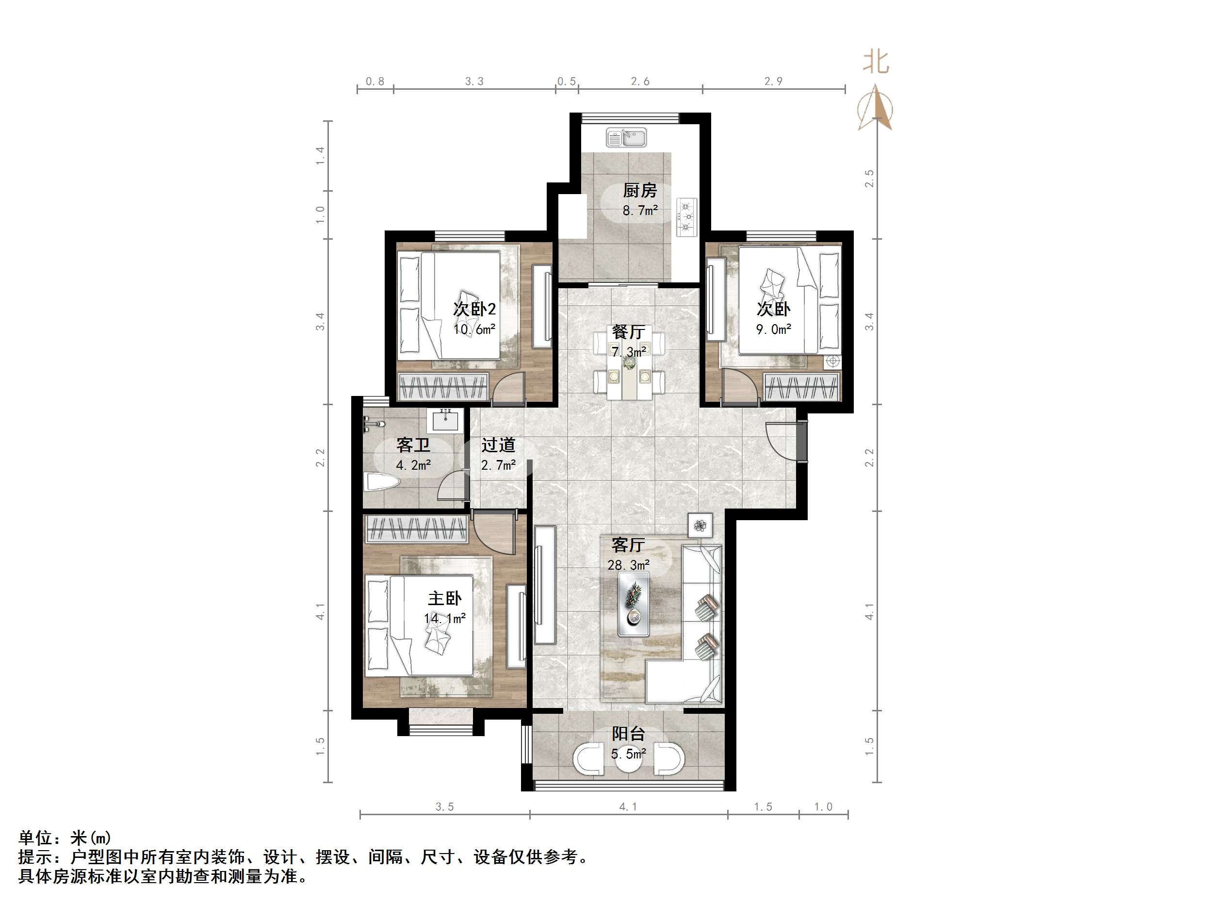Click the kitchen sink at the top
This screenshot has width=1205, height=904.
tap(626, 138)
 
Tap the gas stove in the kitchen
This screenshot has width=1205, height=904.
tap(687, 217)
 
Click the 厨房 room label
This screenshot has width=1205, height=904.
tap(639, 191)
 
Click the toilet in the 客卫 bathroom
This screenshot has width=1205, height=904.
tap(381, 482)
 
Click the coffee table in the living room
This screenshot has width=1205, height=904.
tap(634, 603)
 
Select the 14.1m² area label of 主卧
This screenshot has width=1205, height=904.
tap(444, 619)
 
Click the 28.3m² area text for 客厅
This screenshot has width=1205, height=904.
tap(628, 565)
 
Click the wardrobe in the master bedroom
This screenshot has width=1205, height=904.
tap(417, 528)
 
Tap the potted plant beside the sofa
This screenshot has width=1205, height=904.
tap(700, 526)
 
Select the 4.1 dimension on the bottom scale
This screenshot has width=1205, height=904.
tap(628, 806)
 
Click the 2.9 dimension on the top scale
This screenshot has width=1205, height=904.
tap(773, 81)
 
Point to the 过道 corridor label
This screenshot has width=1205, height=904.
tap(498, 445)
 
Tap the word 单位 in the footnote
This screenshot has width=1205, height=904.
tap(35, 837)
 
